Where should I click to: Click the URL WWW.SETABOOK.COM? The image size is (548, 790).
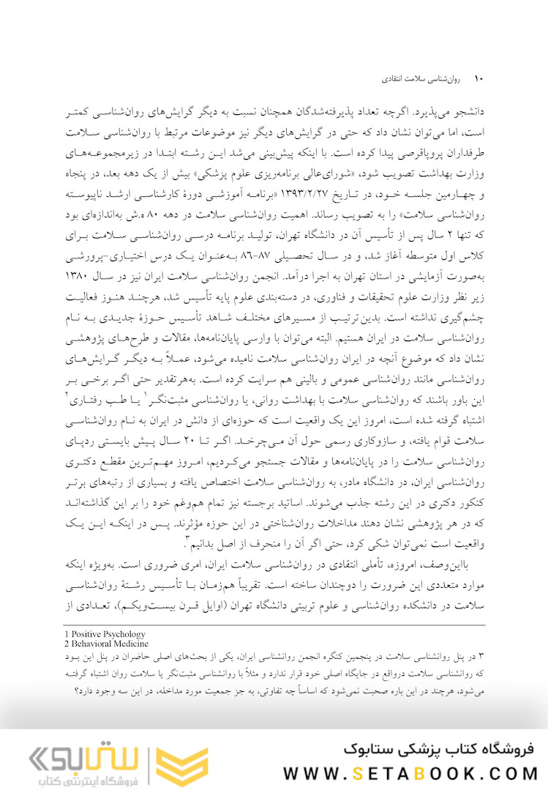point(410,774)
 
